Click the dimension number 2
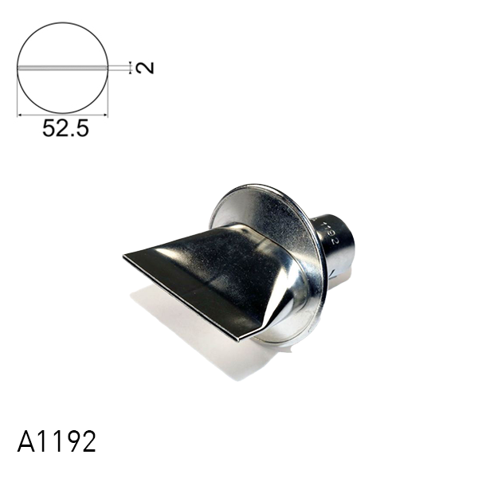(x=144, y=68)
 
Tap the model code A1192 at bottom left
(x=56, y=441)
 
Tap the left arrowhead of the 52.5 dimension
(x=20, y=116)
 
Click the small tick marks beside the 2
(x=130, y=68)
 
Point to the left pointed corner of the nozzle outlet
(x=126, y=257)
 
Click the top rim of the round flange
(x=263, y=188)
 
